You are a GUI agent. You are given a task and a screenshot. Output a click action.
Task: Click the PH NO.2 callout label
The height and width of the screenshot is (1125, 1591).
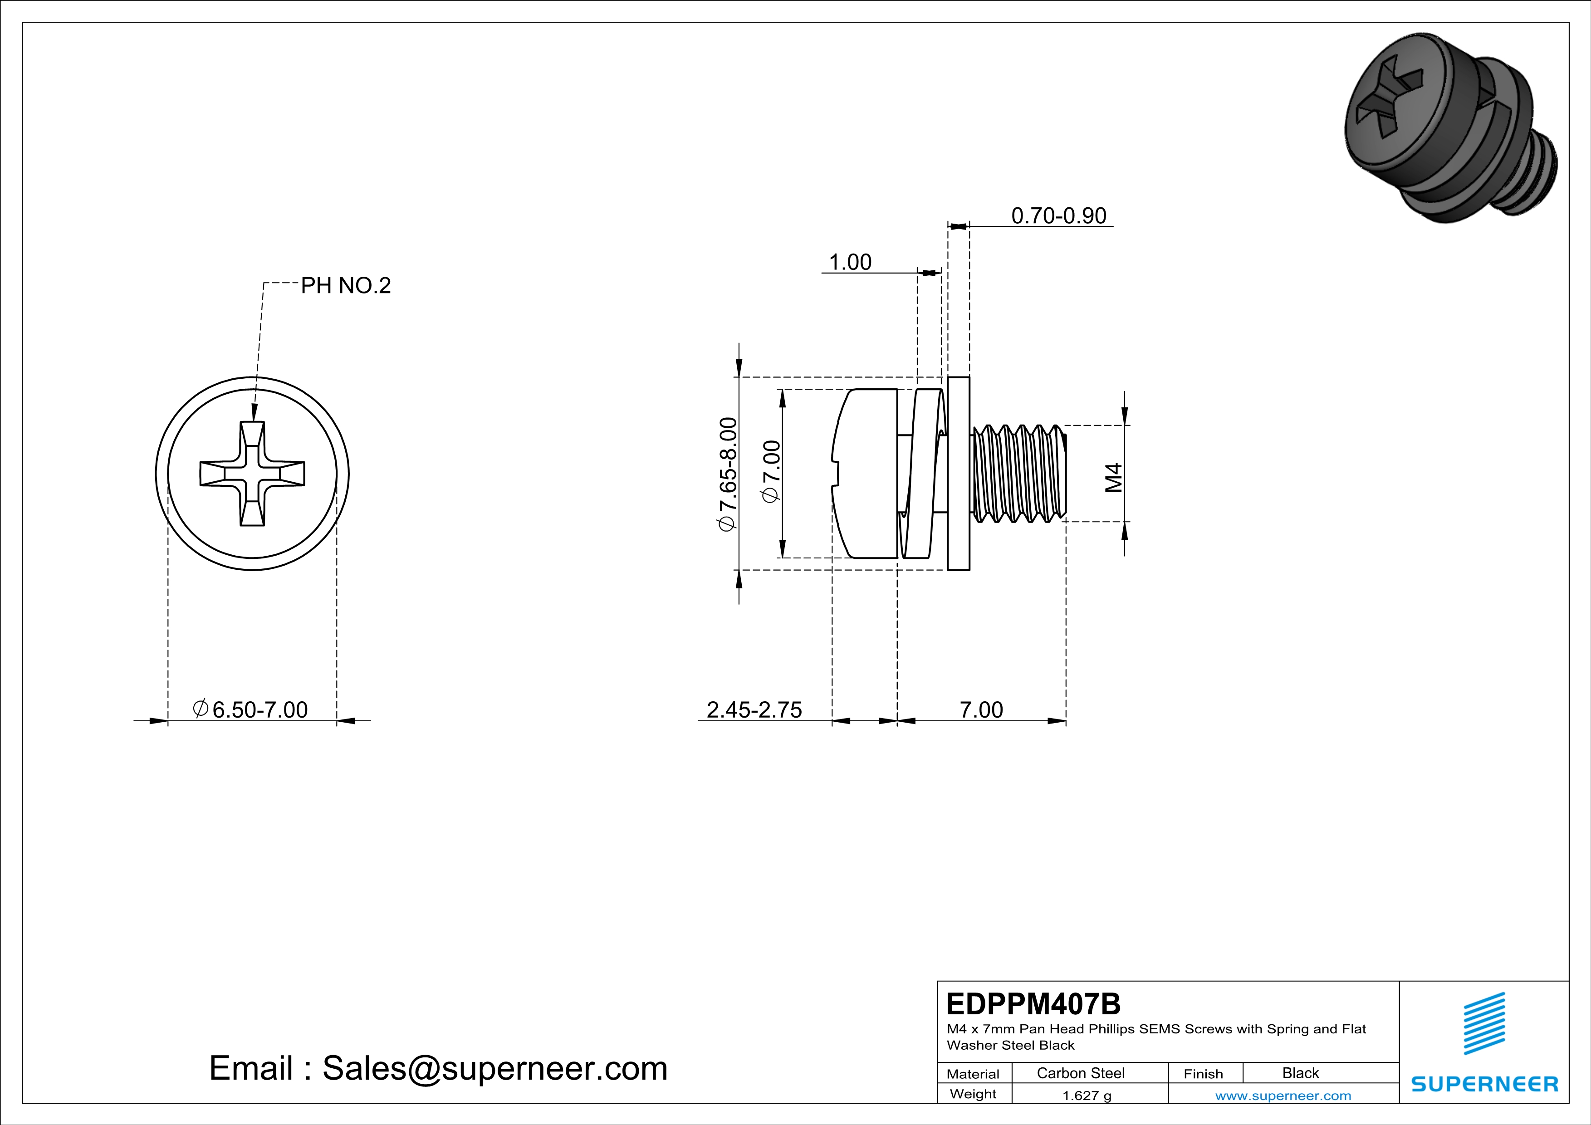click(345, 285)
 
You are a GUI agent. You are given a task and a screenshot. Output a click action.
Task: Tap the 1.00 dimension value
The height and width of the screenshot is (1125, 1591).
click(850, 263)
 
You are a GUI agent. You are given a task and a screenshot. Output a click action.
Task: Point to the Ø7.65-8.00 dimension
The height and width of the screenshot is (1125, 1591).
click(728, 474)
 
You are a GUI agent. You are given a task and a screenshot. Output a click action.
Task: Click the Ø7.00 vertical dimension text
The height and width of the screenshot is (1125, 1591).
click(771, 471)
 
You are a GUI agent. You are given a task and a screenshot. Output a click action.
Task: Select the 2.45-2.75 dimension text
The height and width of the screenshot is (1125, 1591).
click(754, 710)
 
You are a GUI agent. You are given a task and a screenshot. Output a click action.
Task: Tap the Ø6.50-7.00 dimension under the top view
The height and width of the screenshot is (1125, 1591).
click(251, 710)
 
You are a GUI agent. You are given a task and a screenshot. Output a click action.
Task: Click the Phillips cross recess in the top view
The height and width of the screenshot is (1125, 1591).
click(252, 474)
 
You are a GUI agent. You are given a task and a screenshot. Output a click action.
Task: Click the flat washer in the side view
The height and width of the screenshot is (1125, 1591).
click(958, 474)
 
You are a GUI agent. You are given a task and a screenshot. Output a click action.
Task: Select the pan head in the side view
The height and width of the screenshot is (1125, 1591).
click(866, 474)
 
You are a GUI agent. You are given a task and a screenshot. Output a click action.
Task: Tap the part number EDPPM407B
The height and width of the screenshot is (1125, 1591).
click(1033, 1004)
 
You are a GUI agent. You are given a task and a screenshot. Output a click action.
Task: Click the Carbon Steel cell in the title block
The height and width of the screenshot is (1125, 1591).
click(1080, 1073)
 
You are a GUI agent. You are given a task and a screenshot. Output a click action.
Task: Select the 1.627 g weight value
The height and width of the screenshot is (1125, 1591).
click(1087, 1095)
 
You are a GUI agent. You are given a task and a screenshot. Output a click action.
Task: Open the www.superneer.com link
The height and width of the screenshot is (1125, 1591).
click(1283, 1095)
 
